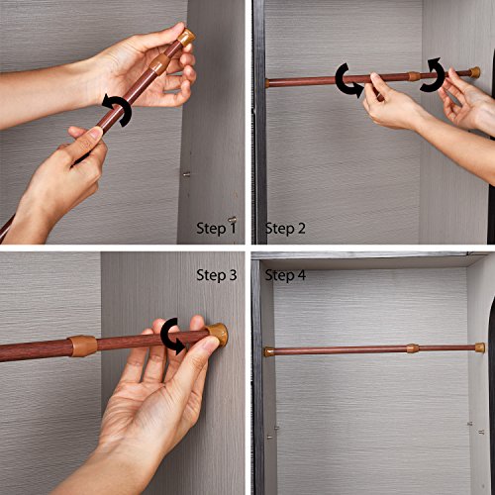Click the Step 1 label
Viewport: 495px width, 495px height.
coord(216,228)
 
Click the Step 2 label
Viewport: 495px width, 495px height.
coord(285,229)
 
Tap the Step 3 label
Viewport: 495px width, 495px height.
coord(217,275)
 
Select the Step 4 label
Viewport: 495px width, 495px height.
coord(285,275)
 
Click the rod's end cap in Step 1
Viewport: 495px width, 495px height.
coord(186,38)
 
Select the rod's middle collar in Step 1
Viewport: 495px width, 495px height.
coord(160,63)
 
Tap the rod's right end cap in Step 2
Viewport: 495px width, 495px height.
coord(475,72)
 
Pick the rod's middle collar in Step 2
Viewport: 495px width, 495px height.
coord(415,76)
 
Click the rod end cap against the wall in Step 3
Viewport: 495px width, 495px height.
coord(217,335)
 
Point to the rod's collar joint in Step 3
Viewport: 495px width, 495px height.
coord(83,346)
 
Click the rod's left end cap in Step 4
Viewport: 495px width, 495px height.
coord(268,352)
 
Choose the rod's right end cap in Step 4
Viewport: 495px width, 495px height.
coord(480,347)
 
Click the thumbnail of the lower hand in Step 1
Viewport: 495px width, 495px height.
coord(96,133)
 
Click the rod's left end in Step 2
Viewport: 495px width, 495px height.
coord(267,83)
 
